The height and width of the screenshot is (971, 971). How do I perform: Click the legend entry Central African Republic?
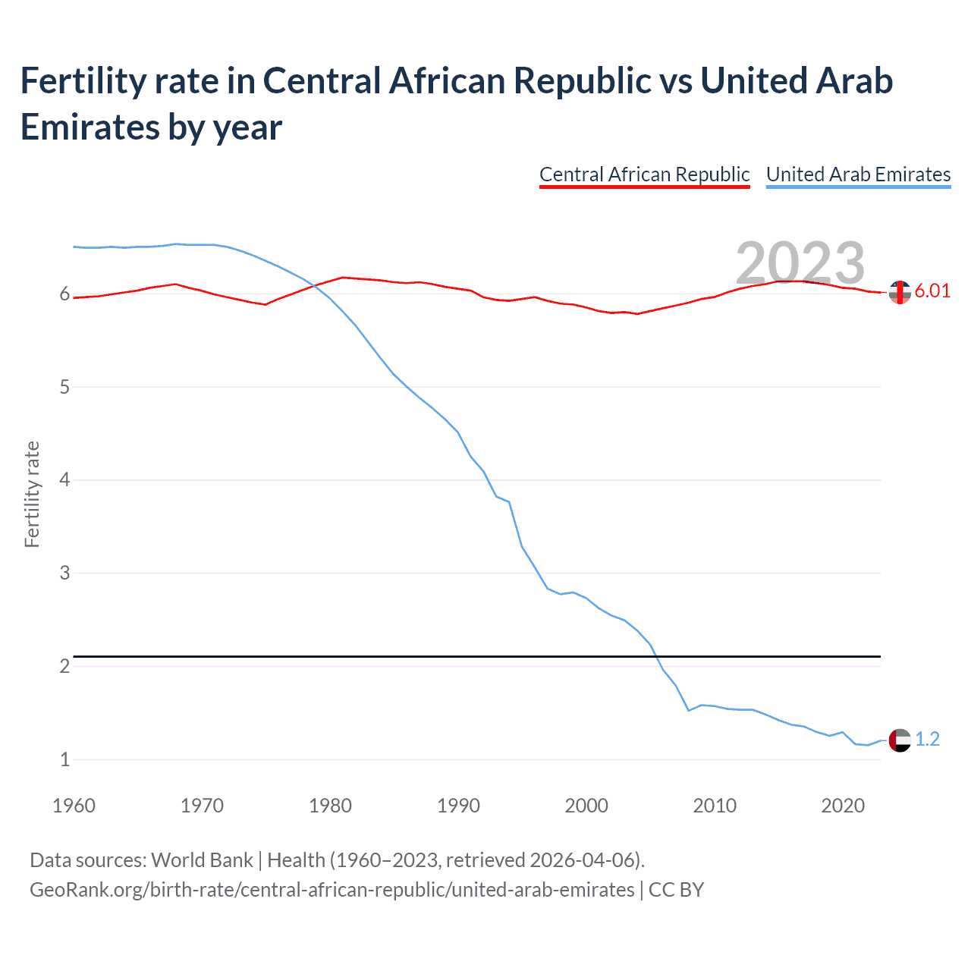pyautogui.click(x=644, y=174)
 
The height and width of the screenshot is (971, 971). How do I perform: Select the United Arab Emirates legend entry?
pyautogui.click(x=858, y=174)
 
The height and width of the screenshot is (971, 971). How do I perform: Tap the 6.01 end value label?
pyautogui.click(x=932, y=291)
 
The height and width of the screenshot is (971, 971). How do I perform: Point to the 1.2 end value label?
pyautogui.click(x=927, y=739)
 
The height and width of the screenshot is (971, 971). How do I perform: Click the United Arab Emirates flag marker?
pyautogui.click(x=900, y=740)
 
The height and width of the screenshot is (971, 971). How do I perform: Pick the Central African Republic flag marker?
pyautogui.click(x=900, y=292)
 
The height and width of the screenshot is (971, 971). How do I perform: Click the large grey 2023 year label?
pyautogui.click(x=800, y=263)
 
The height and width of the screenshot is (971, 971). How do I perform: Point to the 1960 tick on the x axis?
pyautogui.click(x=74, y=806)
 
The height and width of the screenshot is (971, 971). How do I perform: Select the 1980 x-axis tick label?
pyautogui.click(x=330, y=806)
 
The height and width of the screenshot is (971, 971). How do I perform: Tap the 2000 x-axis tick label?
pyautogui.click(x=586, y=806)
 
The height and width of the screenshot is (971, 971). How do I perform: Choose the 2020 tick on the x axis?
pyautogui.click(x=843, y=806)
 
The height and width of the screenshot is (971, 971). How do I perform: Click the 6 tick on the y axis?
pyautogui.click(x=64, y=294)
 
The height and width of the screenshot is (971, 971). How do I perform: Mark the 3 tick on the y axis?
pyautogui.click(x=64, y=573)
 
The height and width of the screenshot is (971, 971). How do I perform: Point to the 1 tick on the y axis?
pyautogui.click(x=64, y=759)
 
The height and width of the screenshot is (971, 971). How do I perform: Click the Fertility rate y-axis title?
pyautogui.click(x=32, y=494)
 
